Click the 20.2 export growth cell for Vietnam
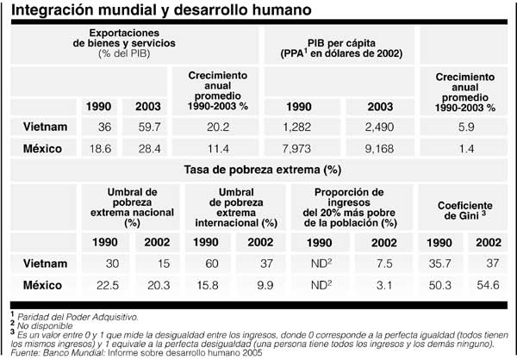(217, 127)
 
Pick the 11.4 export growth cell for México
(217, 149)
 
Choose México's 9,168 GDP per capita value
(380, 149)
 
